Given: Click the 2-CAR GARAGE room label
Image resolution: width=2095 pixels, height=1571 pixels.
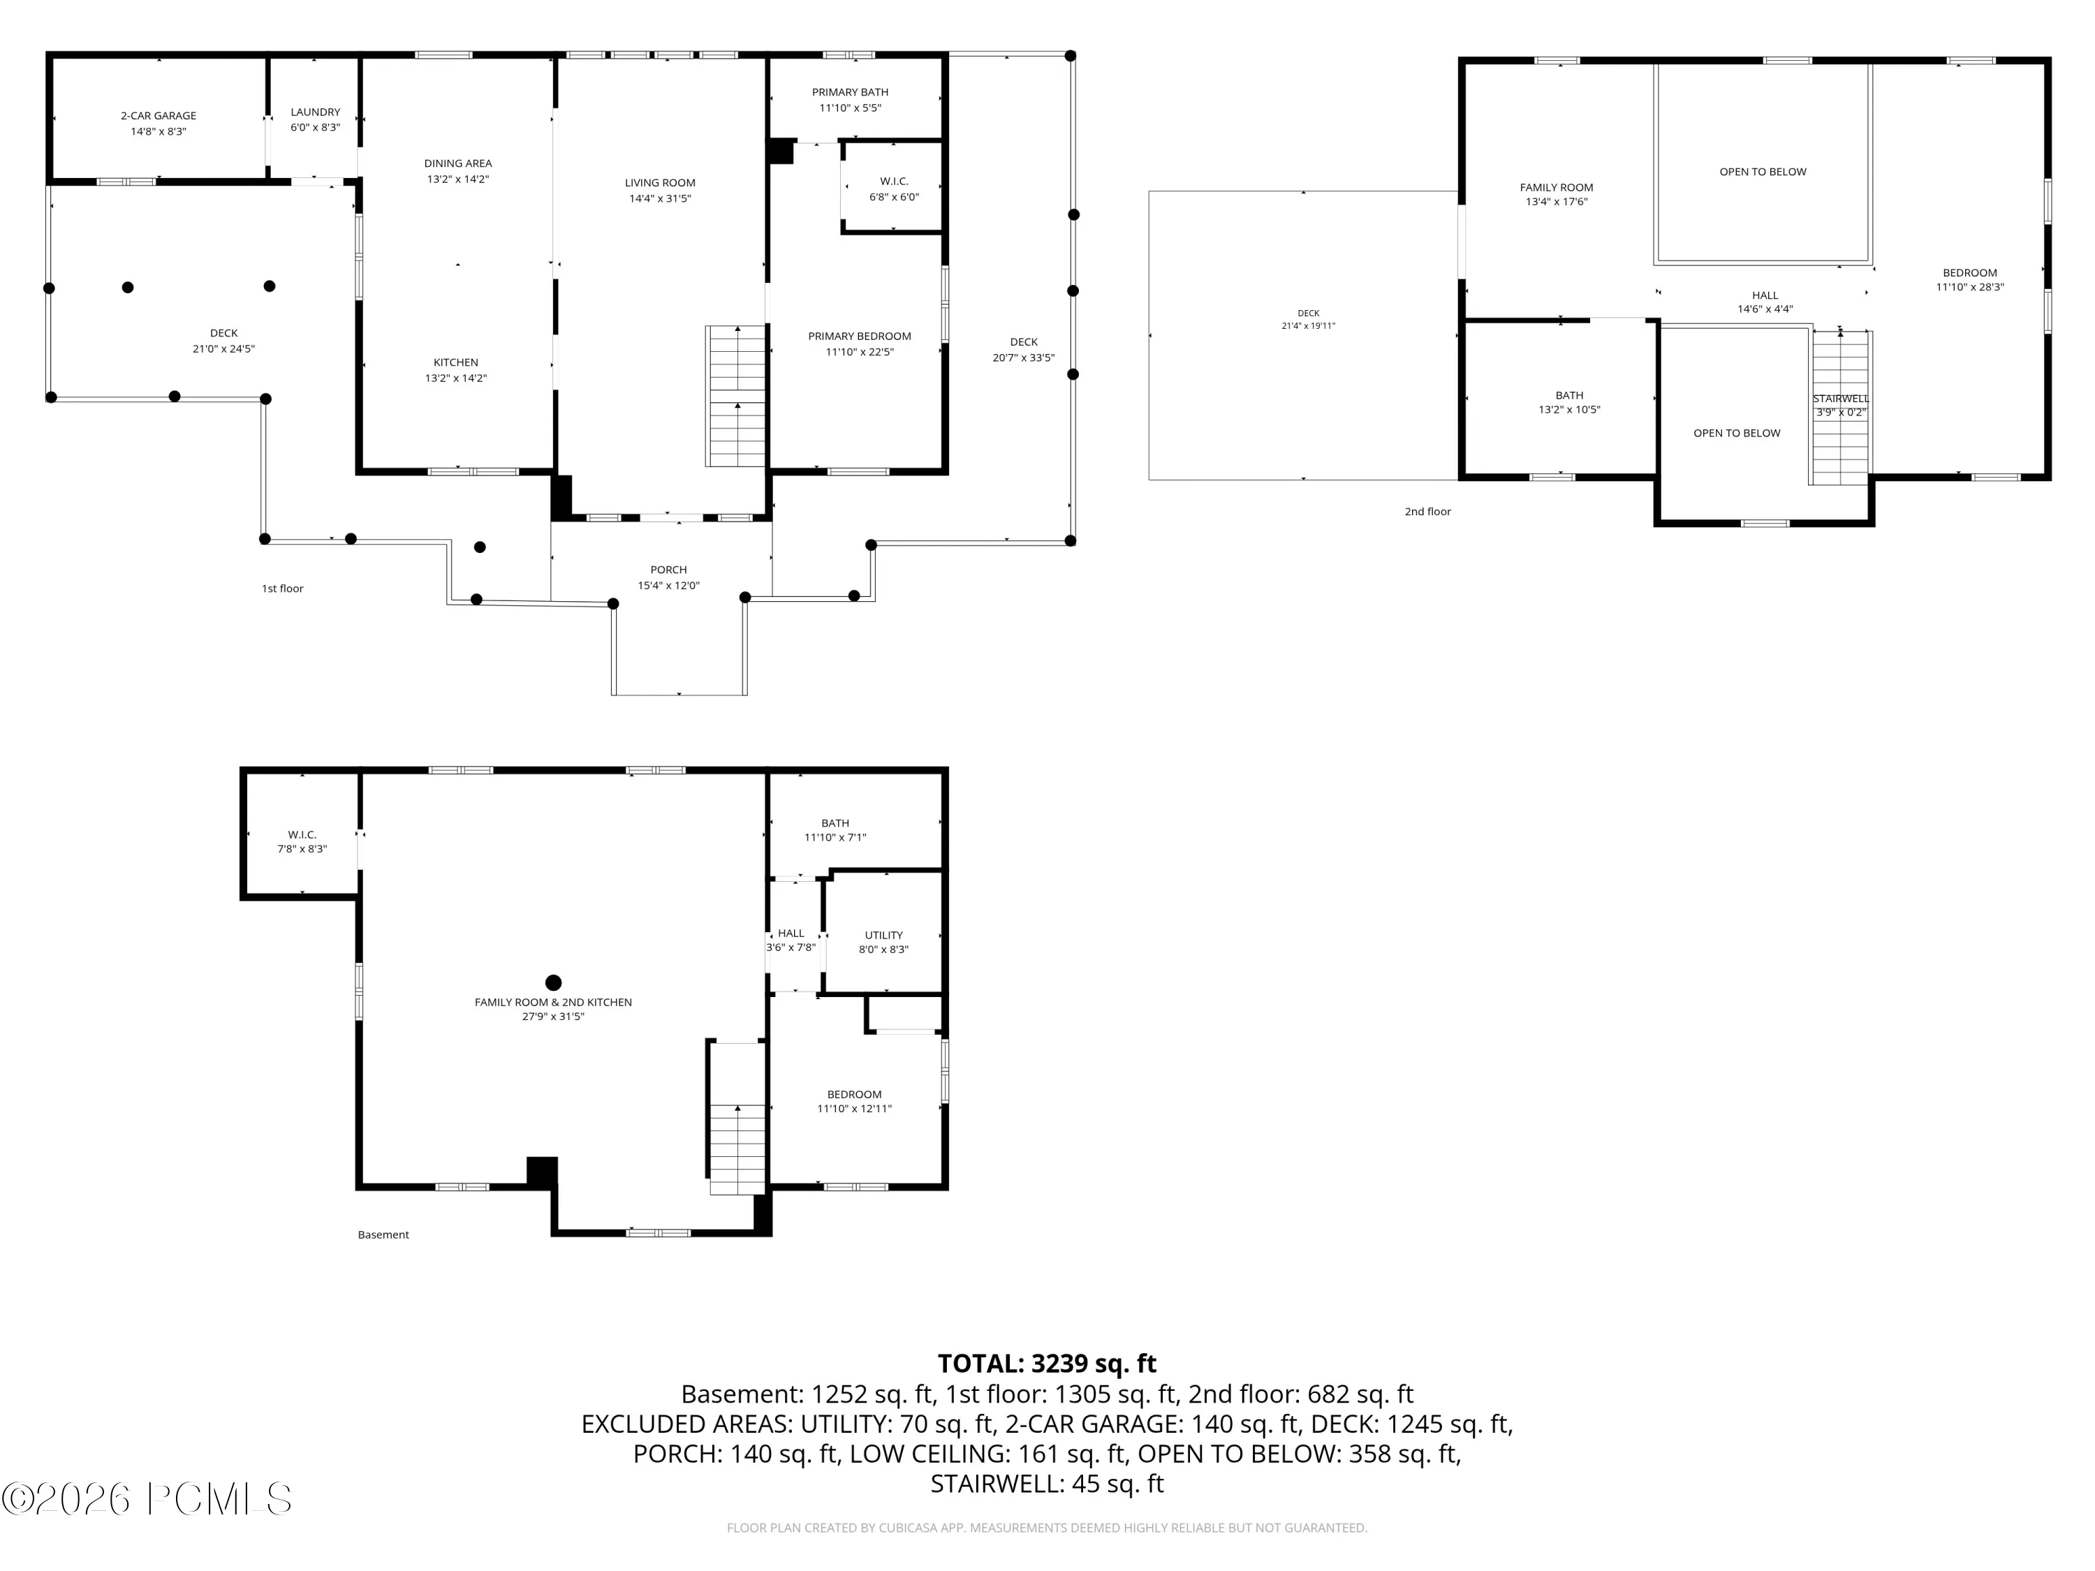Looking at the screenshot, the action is tap(158, 115).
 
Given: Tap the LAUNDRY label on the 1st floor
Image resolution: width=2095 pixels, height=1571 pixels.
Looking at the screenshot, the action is tap(316, 112).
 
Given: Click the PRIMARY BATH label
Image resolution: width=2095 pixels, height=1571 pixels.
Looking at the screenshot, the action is tap(851, 92).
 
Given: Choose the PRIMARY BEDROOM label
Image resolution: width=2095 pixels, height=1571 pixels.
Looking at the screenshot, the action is tap(860, 336).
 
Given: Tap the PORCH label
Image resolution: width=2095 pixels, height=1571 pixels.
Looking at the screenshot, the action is tap(669, 570).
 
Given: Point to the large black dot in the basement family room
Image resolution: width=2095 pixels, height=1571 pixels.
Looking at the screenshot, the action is tap(554, 983).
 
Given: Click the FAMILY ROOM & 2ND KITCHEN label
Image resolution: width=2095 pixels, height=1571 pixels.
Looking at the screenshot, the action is tap(553, 1002).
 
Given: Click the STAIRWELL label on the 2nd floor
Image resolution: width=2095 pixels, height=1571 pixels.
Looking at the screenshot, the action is tap(1842, 399).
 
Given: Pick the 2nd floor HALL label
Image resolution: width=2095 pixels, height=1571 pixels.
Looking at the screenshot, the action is tap(1765, 295).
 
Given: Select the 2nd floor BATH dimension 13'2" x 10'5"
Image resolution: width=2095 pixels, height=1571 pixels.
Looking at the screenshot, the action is tap(1569, 410).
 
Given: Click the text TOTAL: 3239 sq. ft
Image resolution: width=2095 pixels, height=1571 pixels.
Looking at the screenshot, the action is tap(1047, 1363).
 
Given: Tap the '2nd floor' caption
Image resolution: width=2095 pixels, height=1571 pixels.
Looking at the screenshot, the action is tap(1427, 511).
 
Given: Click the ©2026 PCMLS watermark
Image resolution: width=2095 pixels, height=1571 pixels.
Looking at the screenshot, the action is tap(147, 1498).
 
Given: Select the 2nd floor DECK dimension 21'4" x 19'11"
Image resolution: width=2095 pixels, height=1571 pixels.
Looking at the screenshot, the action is tap(1308, 326).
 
